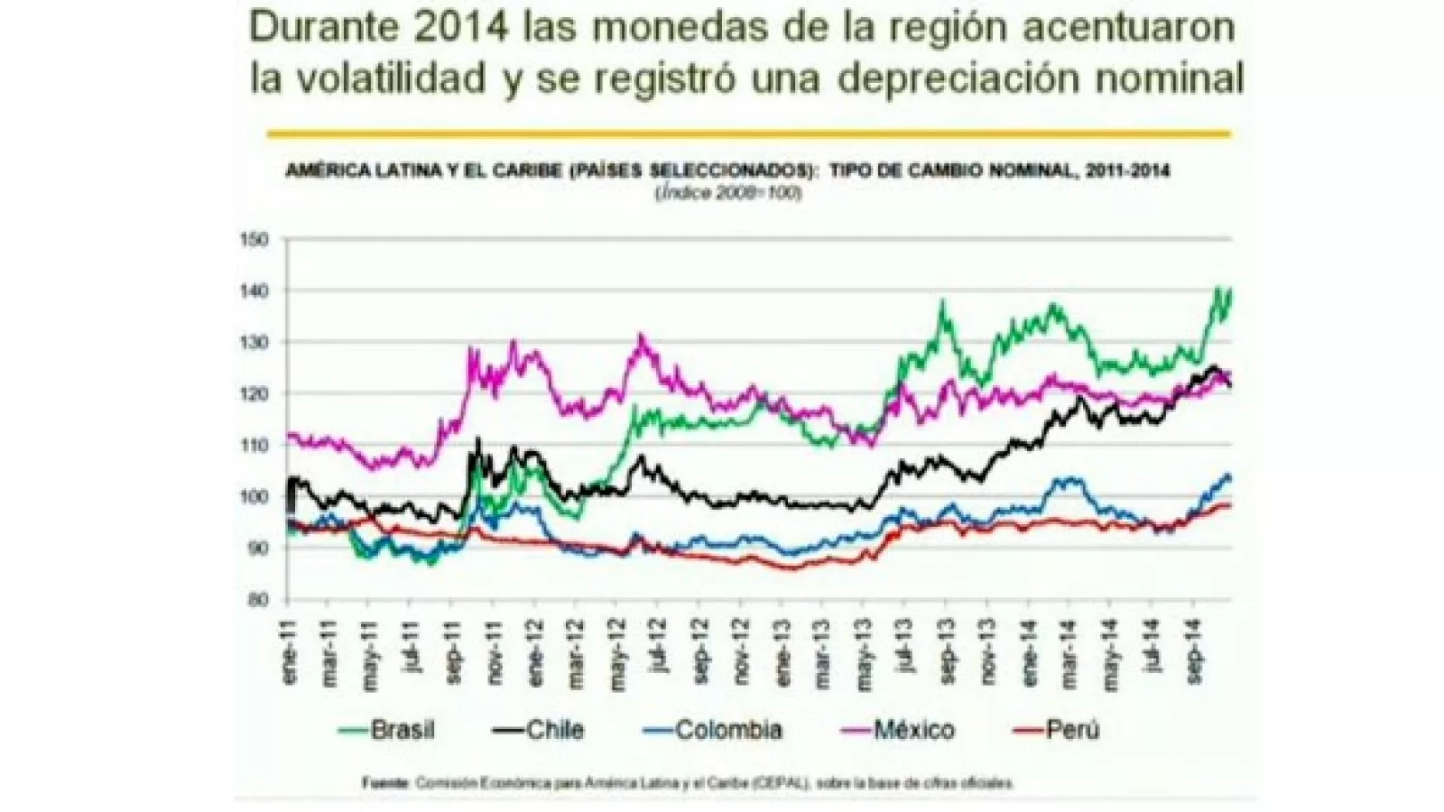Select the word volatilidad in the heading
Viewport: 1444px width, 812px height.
click(392, 78)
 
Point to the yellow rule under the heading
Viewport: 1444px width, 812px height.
click(748, 134)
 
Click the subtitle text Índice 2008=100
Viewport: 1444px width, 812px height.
click(728, 192)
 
